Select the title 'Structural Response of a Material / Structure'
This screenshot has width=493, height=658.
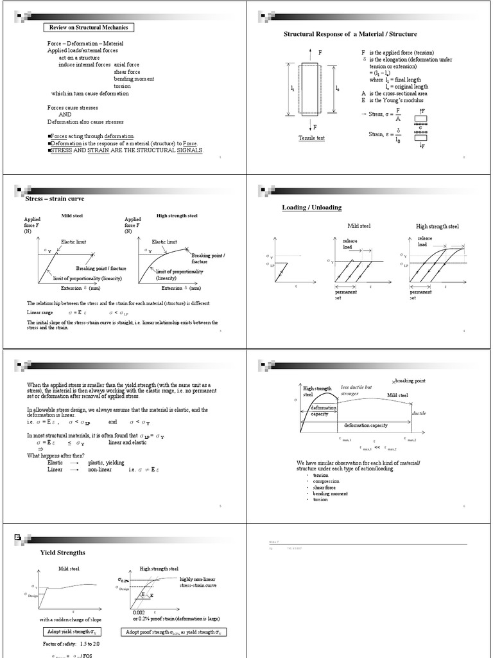tap(350, 33)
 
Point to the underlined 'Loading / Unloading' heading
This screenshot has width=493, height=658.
tap(312, 208)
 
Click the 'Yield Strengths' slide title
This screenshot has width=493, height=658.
tap(62, 552)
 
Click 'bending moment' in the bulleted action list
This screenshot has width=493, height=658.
tap(331, 493)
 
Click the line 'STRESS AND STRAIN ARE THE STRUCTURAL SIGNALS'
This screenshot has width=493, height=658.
tap(126, 150)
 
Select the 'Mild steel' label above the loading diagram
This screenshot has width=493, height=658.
tap(359, 226)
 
